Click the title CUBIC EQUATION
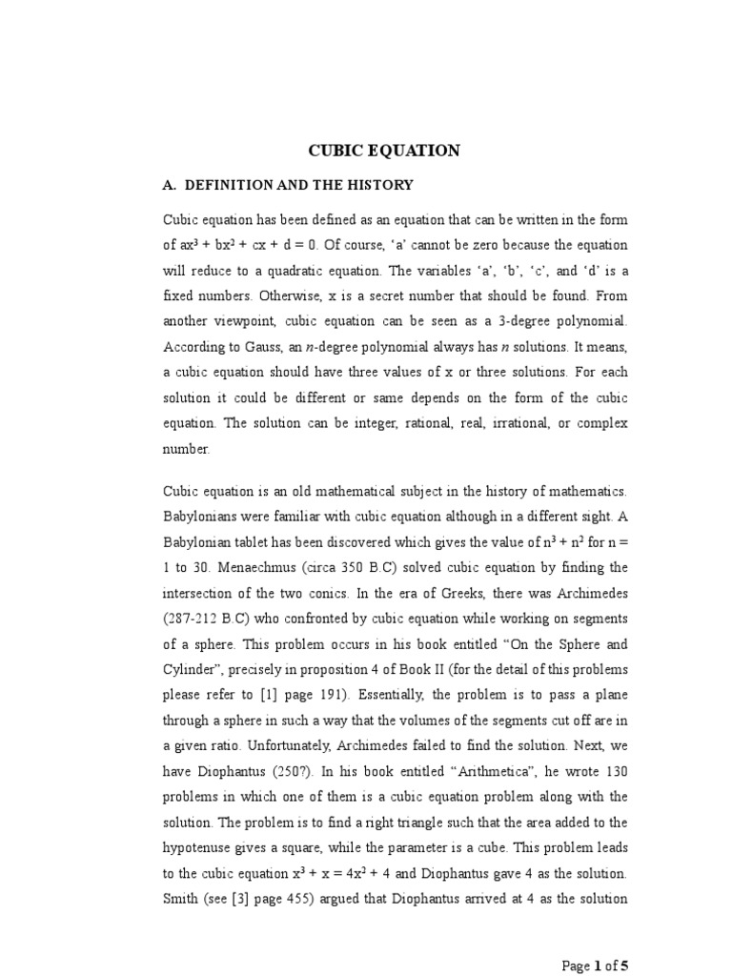click(383, 151)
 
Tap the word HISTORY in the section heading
click(380, 184)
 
